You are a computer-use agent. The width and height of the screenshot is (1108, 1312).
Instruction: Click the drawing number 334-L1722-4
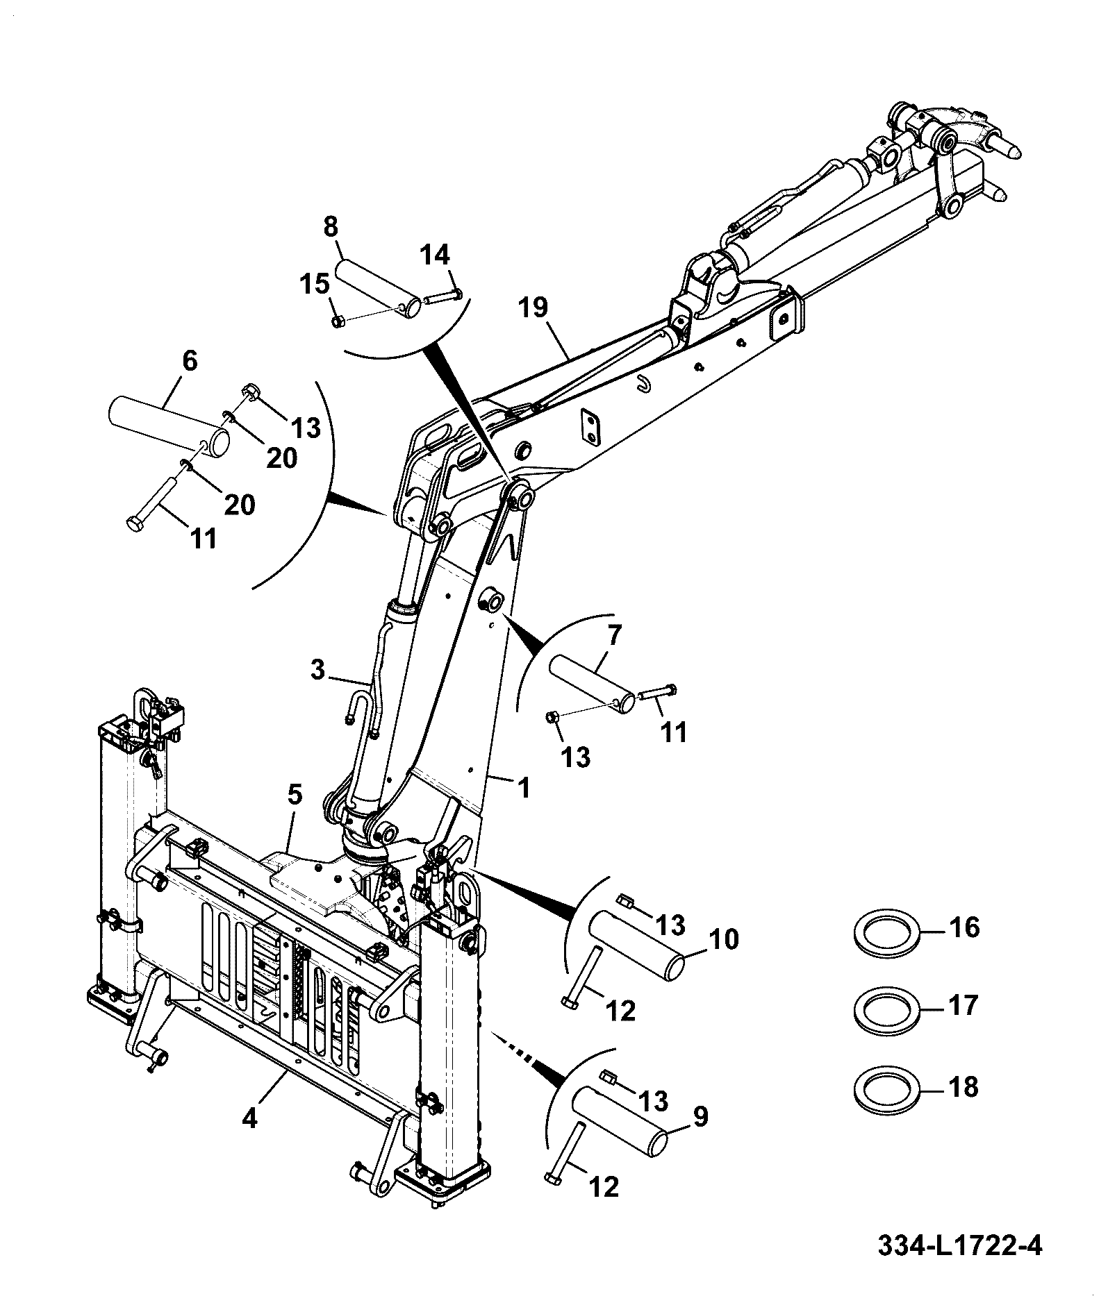coord(960,1247)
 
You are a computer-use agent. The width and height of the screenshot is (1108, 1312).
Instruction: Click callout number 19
coord(533,308)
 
